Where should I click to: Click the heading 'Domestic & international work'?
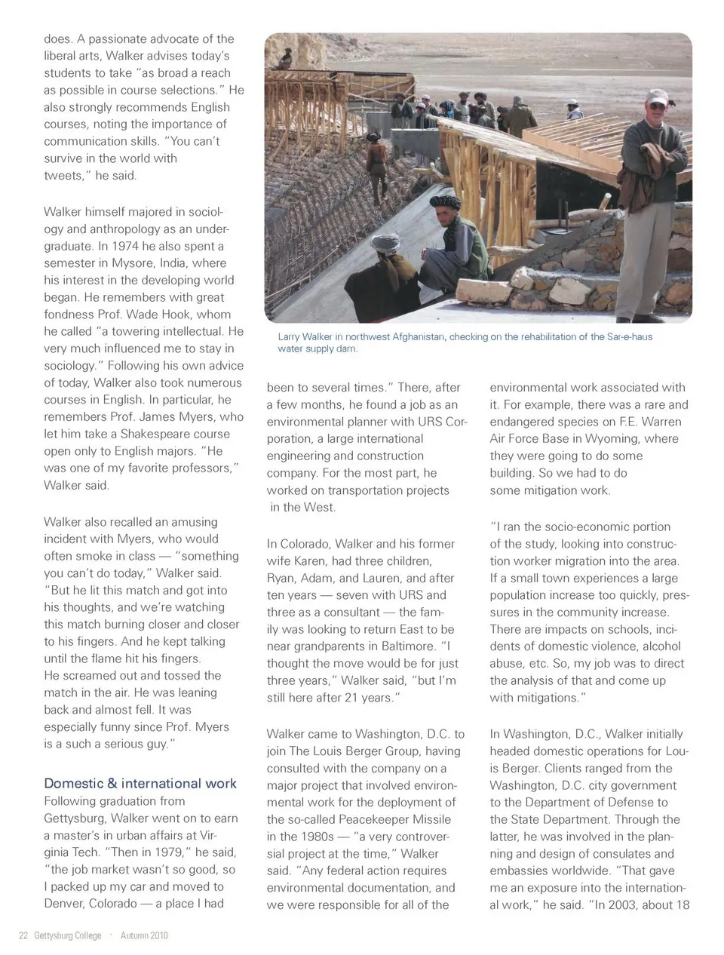(x=140, y=783)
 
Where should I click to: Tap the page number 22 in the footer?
(x=23, y=935)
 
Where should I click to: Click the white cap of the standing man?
(x=658, y=96)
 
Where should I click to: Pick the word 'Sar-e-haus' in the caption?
(x=629, y=337)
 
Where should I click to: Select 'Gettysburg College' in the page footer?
(x=68, y=935)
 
